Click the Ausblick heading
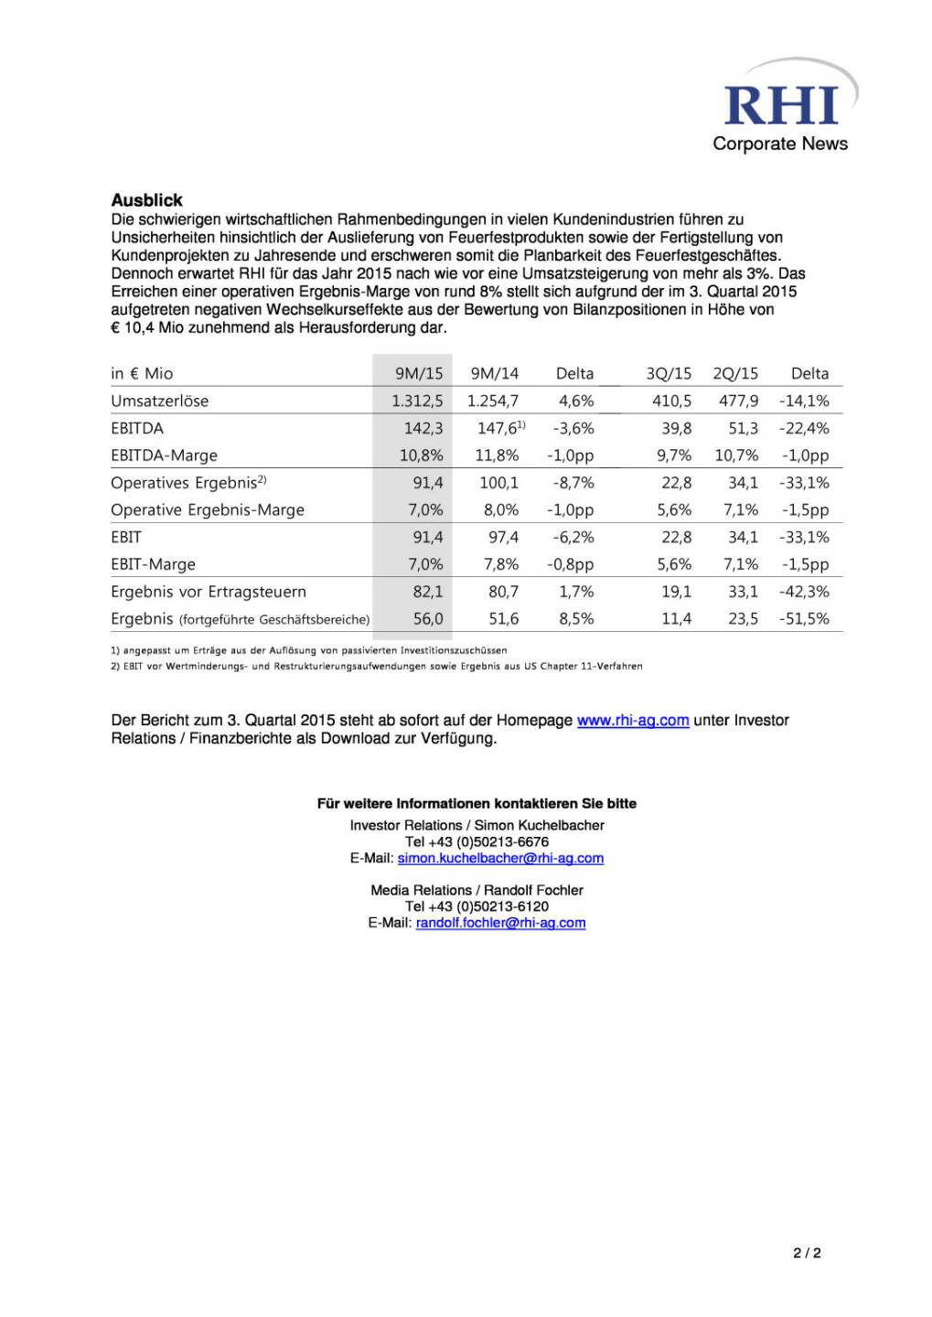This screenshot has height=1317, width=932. [x=146, y=199]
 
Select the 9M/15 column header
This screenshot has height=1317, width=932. [x=419, y=373]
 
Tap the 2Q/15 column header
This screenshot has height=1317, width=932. [x=735, y=373]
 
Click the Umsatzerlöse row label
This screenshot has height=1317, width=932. [x=159, y=401]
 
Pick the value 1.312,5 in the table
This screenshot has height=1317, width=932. [x=417, y=401]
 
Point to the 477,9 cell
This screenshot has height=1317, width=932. [x=738, y=401]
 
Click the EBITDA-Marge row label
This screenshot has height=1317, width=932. [x=164, y=455]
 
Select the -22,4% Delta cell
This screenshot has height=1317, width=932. [x=804, y=428]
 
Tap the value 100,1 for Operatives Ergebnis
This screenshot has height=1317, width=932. [x=498, y=483]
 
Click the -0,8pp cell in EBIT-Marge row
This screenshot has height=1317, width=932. [x=570, y=564]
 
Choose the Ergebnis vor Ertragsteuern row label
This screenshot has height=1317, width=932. [x=208, y=592]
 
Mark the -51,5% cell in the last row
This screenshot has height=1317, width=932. [x=804, y=619]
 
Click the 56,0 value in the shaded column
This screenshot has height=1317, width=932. [x=427, y=619]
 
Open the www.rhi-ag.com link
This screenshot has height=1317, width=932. [x=632, y=721]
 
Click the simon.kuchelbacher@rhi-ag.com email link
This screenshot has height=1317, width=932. [x=500, y=858]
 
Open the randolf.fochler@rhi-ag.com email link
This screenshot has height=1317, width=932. [x=500, y=923]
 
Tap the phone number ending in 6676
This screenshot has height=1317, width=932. [x=477, y=841]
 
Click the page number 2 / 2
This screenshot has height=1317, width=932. [x=806, y=1253]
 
